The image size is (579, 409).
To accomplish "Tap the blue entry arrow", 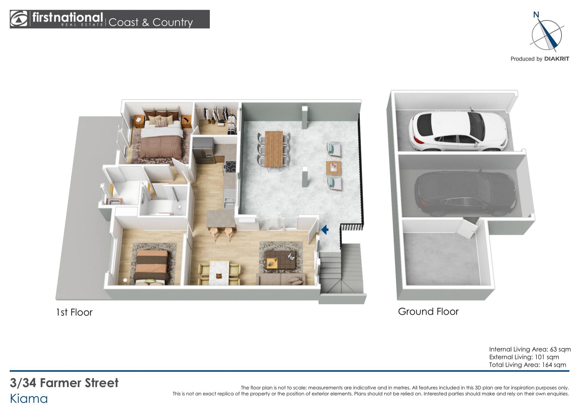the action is point(324,230).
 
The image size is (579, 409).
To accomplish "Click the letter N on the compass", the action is point(536,14).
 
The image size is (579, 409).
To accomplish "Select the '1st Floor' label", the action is point(74,312).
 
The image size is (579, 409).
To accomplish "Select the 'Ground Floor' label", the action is point(428,311).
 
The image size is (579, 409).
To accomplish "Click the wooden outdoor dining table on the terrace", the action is point(274,149).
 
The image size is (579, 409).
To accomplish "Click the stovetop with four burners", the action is point(229,167).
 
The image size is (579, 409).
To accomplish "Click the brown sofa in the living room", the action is point(281,279).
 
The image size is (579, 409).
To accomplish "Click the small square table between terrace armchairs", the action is point(334,168).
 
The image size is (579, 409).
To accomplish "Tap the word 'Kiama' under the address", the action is point(29,399).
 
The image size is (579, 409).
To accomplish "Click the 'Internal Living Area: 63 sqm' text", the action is point(530,349).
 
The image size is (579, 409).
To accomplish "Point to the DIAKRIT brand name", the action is point(557,59).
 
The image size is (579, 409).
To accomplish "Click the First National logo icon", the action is point(19,19).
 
